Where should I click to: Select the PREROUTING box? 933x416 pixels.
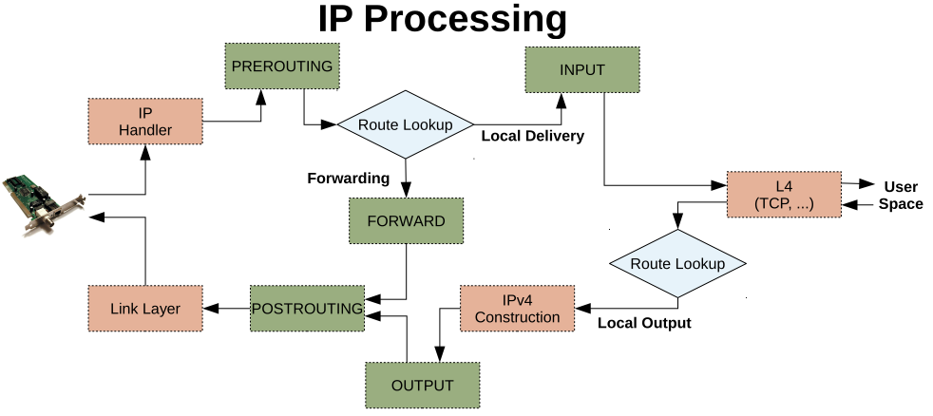click(x=281, y=66)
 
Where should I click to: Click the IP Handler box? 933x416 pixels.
click(x=145, y=121)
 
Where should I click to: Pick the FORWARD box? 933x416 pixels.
click(x=406, y=221)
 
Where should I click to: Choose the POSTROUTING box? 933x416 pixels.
click(x=307, y=308)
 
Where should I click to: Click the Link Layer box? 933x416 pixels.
click(x=144, y=309)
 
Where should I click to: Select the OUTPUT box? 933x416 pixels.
click(x=422, y=385)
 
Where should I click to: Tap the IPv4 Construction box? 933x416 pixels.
click(x=517, y=308)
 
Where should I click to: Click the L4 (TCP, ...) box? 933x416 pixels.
click(x=784, y=195)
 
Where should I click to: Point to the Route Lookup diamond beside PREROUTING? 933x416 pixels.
click(x=406, y=124)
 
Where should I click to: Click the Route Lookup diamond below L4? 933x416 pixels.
click(x=677, y=263)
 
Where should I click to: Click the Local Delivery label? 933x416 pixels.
click(x=532, y=136)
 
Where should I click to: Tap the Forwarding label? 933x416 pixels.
click(x=349, y=178)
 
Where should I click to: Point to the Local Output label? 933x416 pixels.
click(x=644, y=323)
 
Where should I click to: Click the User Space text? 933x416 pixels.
click(x=900, y=195)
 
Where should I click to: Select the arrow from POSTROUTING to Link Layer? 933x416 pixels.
click(x=226, y=308)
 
